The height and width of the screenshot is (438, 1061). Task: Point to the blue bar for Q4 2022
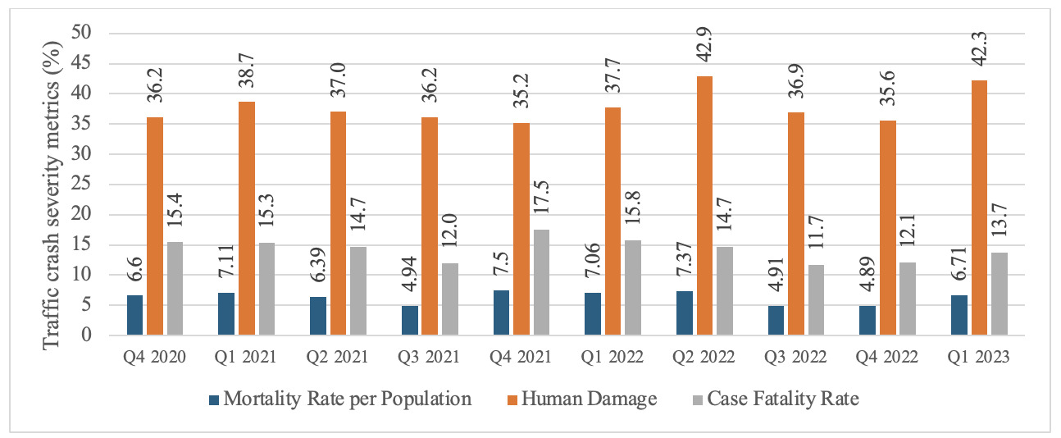[867, 321]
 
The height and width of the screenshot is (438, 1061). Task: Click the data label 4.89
[867, 279]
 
